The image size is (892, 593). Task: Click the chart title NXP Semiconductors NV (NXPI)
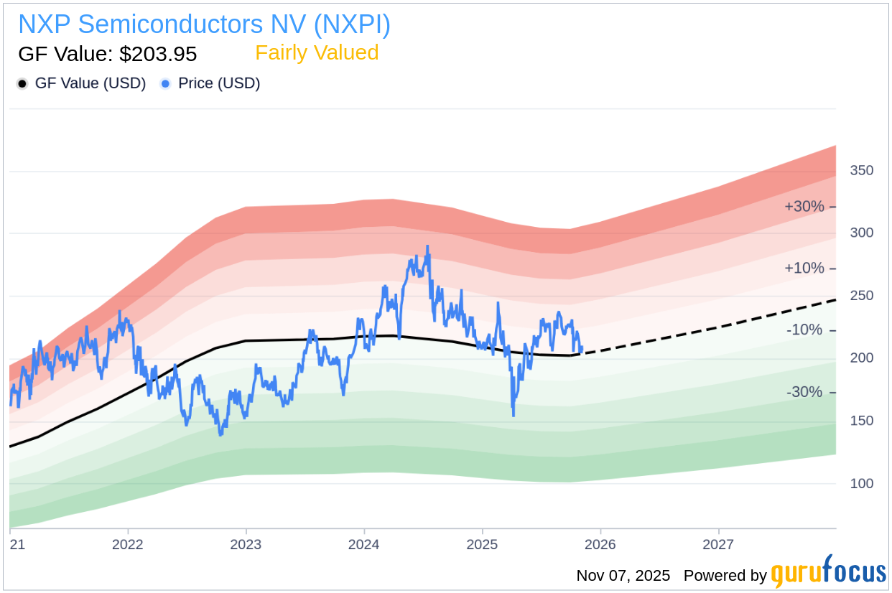pyautogui.click(x=204, y=24)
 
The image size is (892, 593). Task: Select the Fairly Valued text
pyautogui.click(x=317, y=53)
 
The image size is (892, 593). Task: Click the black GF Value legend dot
pyautogui.click(x=22, y=83)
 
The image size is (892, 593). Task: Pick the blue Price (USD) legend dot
pyautogui.click(x=165, y=83)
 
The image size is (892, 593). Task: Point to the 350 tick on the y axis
pyautogui.click(x=861, y=171)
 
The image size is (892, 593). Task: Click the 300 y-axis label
pyautogui.click(x=861, y=233)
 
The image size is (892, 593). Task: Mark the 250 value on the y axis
pyautogui.click(x=861, y=296)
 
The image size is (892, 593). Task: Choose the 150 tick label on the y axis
pyautogui.click(x=861, y=421)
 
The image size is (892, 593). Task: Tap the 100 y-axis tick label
pyautogui.click(x=861, y=483)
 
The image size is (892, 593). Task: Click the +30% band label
pyautogui.click(x=804, y=207)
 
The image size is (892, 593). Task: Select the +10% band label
pyautogui.click(x=804, y=269)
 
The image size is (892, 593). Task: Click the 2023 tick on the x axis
pyautogui.click(x=246, y=544)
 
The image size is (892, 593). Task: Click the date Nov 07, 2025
pyautogui.click(x=623, y=576)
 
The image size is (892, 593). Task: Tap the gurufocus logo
pyautogui.click(x=828, y=573)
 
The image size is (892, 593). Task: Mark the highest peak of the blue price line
pyautogui.click(x=427, y=246)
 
